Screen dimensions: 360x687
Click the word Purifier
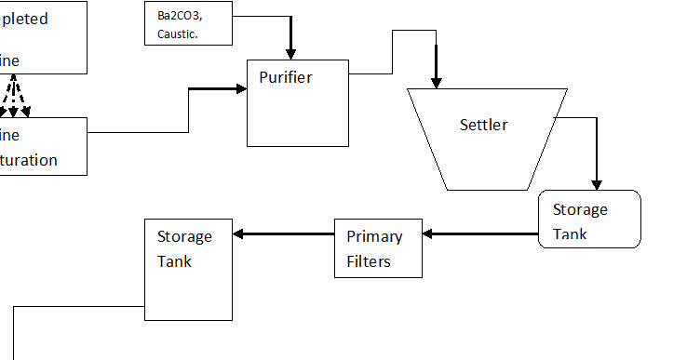286,77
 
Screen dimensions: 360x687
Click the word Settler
484,125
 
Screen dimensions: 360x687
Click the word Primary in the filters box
373,236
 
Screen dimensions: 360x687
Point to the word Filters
369,261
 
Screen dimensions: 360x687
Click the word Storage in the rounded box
580,209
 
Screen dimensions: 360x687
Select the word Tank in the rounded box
570,233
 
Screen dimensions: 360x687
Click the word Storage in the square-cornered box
184,236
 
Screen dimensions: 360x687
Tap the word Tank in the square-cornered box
174,261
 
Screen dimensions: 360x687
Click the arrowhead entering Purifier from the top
290,52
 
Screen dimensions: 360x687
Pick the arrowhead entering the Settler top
436,81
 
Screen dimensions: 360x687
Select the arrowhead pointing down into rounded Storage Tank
597,183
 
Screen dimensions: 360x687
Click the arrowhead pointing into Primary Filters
430,233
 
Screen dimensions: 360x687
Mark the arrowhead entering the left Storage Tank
238,233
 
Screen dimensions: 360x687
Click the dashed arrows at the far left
13,97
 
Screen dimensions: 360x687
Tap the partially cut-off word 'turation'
29,160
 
